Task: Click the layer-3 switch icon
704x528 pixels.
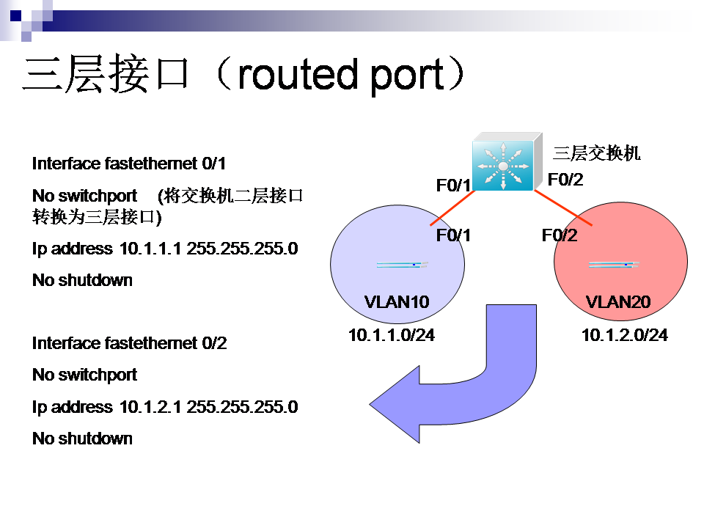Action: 507,161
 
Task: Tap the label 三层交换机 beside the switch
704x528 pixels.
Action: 597,153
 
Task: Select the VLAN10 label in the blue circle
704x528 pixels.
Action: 397,301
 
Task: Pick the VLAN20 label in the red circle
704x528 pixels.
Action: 618,301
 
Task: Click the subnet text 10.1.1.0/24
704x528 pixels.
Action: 392,335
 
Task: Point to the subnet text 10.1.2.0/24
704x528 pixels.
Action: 625,335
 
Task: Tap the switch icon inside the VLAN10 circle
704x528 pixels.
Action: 403,265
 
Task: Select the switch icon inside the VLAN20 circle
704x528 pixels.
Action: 614,265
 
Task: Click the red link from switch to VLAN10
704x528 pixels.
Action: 452,208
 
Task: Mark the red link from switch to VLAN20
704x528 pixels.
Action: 563,208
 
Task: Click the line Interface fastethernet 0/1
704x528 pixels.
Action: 129,164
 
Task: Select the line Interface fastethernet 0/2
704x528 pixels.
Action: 129,343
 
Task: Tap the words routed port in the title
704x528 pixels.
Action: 341,75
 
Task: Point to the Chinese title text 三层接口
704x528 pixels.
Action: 106,73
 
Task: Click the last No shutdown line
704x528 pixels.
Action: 83,439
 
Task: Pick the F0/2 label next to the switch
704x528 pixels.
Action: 565,180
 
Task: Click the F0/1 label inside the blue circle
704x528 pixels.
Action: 453,235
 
